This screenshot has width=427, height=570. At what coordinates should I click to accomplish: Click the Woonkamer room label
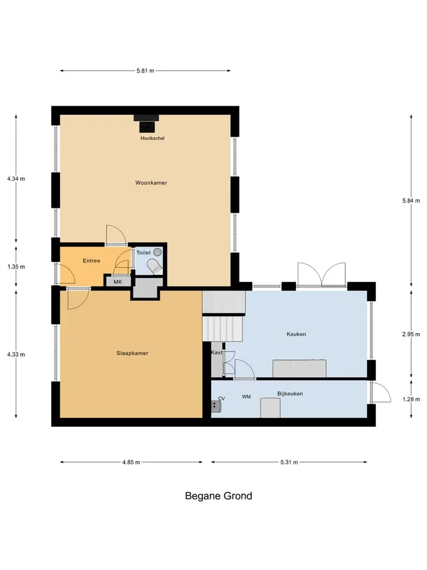151,183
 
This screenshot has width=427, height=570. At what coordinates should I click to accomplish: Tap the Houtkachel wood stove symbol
146,123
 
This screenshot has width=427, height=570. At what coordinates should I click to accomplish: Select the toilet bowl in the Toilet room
155,267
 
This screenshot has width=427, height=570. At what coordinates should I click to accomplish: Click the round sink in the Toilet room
157,252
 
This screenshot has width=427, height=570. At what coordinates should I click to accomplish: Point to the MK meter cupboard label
117,281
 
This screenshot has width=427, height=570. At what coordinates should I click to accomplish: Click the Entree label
91,261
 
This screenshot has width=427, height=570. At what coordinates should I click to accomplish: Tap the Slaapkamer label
132,353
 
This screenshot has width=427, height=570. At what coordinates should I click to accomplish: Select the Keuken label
297,334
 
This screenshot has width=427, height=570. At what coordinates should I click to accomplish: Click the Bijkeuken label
290,394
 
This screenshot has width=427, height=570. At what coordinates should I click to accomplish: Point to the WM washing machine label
246,397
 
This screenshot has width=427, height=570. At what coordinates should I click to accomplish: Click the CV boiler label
221,398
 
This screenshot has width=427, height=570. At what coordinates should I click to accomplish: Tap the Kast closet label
217,353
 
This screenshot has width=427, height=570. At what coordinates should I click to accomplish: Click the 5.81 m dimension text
145,71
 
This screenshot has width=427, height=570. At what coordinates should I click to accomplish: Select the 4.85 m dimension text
131,463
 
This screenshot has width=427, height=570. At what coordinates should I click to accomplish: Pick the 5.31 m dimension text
289,463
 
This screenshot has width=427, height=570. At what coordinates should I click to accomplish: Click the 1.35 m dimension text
16,267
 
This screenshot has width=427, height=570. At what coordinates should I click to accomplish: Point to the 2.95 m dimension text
411,334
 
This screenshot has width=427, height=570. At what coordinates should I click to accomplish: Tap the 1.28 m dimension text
411,399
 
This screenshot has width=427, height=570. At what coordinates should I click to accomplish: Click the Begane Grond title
219,496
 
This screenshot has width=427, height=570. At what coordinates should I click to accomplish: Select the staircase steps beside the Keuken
222,328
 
